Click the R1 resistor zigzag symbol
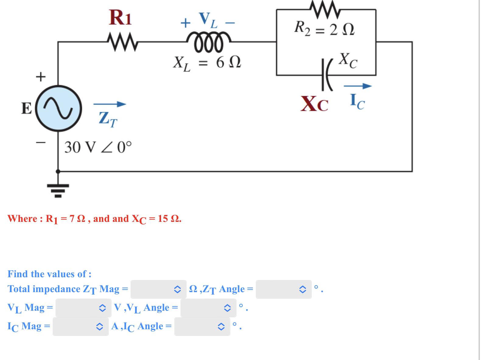coord(123,41)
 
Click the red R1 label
coord(120,18)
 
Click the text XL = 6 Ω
coord(207,63)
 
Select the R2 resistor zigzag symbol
coord(325,9)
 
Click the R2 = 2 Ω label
coord(324,29)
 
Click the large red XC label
coord(314,104)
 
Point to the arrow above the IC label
coord(357,86)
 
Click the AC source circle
coord(58,108)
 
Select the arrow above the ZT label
coord(110,104)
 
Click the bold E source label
coord(26,108)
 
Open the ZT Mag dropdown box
coord(158,289)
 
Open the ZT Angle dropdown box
coord(283,289)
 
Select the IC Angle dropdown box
coord(202,327)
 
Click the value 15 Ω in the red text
coord(169,218)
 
